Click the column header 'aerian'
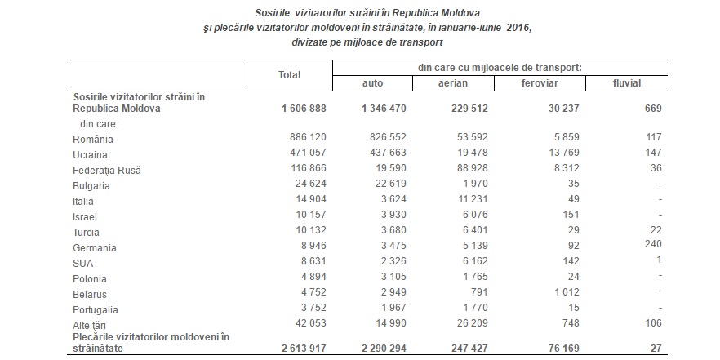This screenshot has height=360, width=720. pos(453,83)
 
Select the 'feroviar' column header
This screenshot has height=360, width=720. pos(540,83)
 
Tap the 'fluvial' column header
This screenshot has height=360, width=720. pos(626,83)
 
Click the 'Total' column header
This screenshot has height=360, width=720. pos(289,75)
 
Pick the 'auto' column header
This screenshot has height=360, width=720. pos(372,83)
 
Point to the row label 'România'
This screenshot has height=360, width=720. pos(93,139)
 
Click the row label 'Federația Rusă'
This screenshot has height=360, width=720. pos(106,171)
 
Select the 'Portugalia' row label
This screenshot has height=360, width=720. pos(95,310)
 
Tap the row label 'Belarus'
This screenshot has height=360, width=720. pos(90,295)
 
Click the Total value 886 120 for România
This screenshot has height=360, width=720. pos(308,137)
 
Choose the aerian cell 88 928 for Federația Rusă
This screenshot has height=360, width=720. pos(469,168)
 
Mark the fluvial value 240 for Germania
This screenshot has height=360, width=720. pos(653,244)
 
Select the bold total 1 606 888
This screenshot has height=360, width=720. pos(304,109)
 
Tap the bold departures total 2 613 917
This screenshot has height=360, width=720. pos(304,349)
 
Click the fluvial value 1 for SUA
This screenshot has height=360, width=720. pos(659,260)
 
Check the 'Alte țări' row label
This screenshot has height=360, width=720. pos(89,326)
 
